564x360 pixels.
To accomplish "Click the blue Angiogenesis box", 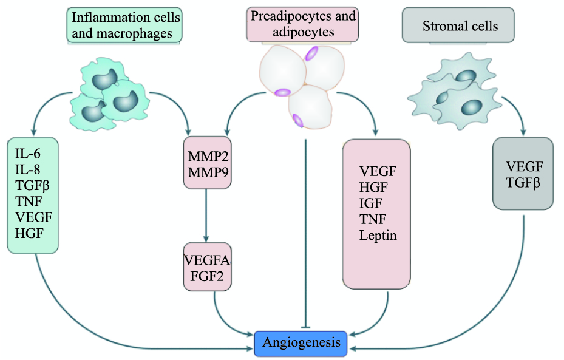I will [301, 343].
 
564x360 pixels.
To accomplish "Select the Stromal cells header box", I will [460, 26].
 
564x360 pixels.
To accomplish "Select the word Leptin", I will [378, 235].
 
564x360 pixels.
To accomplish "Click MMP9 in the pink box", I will [207, 172].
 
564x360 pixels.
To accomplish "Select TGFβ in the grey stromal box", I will [524, 182].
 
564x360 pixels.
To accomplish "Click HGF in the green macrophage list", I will [26, 232].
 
